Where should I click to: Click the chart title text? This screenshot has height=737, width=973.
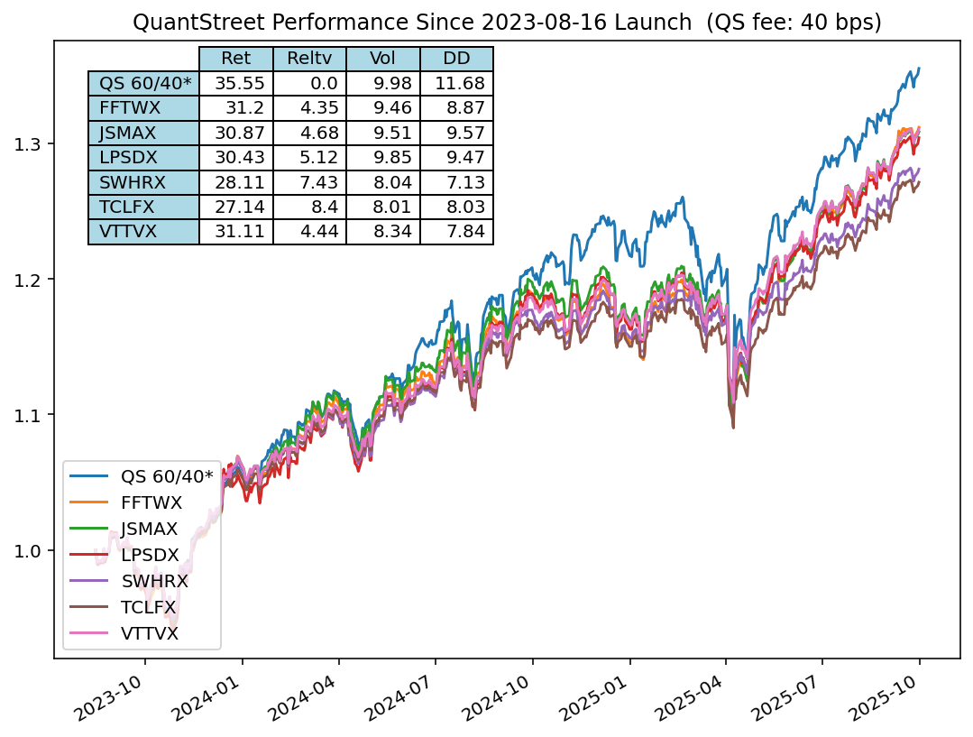(x=507, y=22)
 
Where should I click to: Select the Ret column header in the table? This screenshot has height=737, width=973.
(x=235, y=59)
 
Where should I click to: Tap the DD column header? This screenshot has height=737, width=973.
(x=456, y=59)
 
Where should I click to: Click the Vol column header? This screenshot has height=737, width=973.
(x=382, y=59)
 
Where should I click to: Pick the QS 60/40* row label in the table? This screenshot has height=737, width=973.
(x=144, y=84)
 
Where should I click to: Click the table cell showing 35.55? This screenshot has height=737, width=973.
(x=235, y=84)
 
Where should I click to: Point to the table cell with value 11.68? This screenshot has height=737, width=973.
(x=456, y=84)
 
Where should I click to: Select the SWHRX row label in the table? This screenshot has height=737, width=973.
(x=144, y=182)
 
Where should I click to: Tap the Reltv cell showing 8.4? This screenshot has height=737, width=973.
(x=309, y=207)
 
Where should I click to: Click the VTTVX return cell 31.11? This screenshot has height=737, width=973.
(x=235, y=232)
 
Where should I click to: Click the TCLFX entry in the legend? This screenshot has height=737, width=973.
(x=148, y=607)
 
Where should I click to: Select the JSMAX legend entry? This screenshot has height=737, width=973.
(x=149, y=528)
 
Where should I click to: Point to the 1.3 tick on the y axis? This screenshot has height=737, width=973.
(x=31, y=144)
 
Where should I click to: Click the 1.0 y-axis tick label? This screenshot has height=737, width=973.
(x=31, y=550)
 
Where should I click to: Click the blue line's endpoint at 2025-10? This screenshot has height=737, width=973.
(x=919, y=68)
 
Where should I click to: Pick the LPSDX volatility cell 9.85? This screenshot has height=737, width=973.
(x=382, y=158)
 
